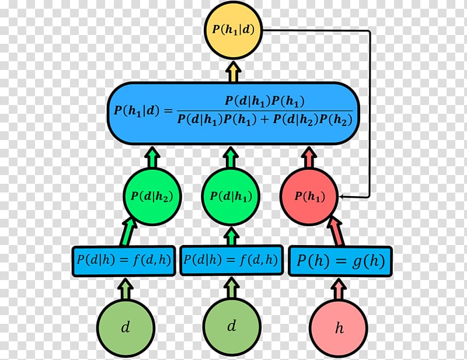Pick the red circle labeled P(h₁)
pyautogui.click(x=309, y=197)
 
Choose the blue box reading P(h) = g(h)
pyautogui.click(x=340, y=261)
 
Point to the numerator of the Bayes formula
pyautogui.click(x=264, y=101)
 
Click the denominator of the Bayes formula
pyautogui.click(x=264, y=119)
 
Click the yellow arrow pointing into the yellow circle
pyautogui.click(x=232, y=72)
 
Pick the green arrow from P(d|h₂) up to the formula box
pyautogui.click(x=152, y=158)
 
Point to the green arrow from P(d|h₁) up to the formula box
pyautogui.click(x=231, y=158)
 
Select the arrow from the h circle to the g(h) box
pyautogui.click(x=339, y=289)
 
